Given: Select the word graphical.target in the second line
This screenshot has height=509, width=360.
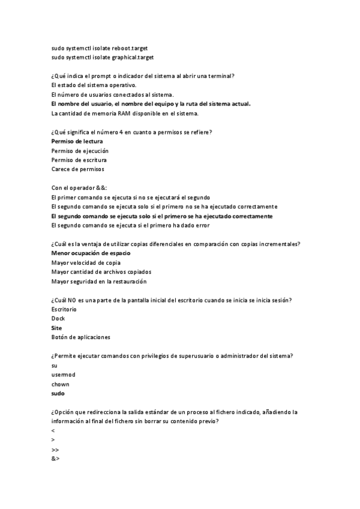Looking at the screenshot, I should pos(133,57).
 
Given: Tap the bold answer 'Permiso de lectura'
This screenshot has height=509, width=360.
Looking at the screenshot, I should pos(77,141).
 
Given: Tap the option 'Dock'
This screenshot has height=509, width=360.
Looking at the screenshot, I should pos(58,319).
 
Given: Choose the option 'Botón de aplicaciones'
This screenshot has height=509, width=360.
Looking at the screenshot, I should pos(81,337).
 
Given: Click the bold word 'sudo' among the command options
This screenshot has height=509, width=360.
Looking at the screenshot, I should pos(58,394).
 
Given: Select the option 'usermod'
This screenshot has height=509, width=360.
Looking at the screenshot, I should pos(62,375).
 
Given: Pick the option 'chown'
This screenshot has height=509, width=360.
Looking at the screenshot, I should pos(60,384).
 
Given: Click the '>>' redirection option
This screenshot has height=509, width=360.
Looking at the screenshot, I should pos(55,450).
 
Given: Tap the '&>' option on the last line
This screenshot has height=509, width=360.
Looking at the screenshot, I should pos(55,459).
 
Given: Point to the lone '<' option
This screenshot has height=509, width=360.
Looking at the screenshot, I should pos(53,431).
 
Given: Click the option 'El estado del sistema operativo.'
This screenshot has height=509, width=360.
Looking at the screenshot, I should pos(94,85).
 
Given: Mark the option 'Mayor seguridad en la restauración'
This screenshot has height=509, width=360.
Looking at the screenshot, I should pos(99,281).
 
